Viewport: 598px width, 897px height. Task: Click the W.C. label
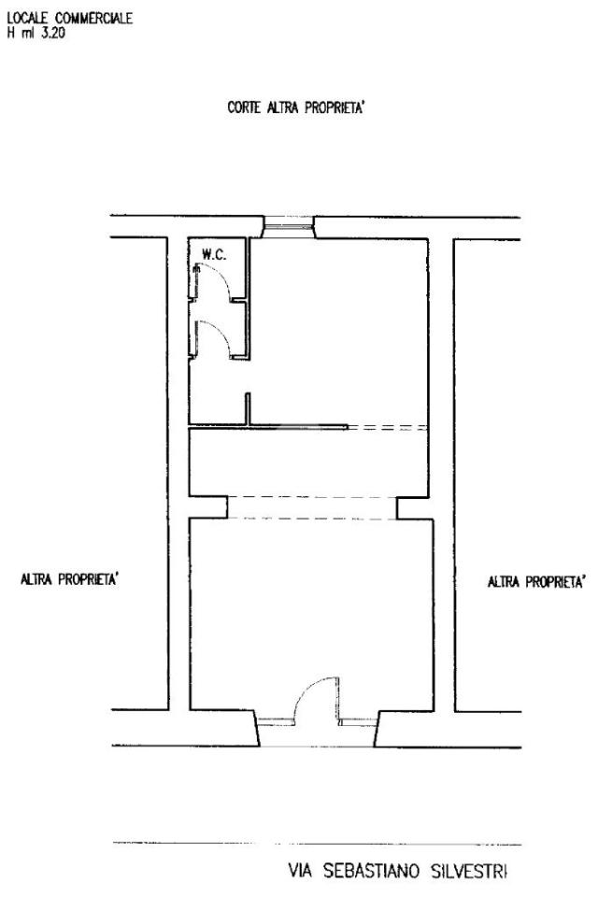click(x=213, y=255)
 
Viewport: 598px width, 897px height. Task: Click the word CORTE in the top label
click(x=245, y=107)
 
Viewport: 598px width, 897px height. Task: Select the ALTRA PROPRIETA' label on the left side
click(x=70, y=579)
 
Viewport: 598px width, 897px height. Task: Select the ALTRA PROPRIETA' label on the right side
click(x=536, y=582)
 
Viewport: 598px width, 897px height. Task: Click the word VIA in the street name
click(x=301, y=871)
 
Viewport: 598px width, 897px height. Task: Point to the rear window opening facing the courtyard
click(x=289, y=227)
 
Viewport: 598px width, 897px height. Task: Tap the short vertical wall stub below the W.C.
click(x=248, y=409)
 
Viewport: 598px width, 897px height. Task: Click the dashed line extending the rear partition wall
click(x=388, y=427)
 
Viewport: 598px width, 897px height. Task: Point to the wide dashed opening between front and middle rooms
click(x=312, y=508)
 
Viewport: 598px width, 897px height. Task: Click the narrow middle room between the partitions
click(x=308, y=463)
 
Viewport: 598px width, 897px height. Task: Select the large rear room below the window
click(x=339, y=332)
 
